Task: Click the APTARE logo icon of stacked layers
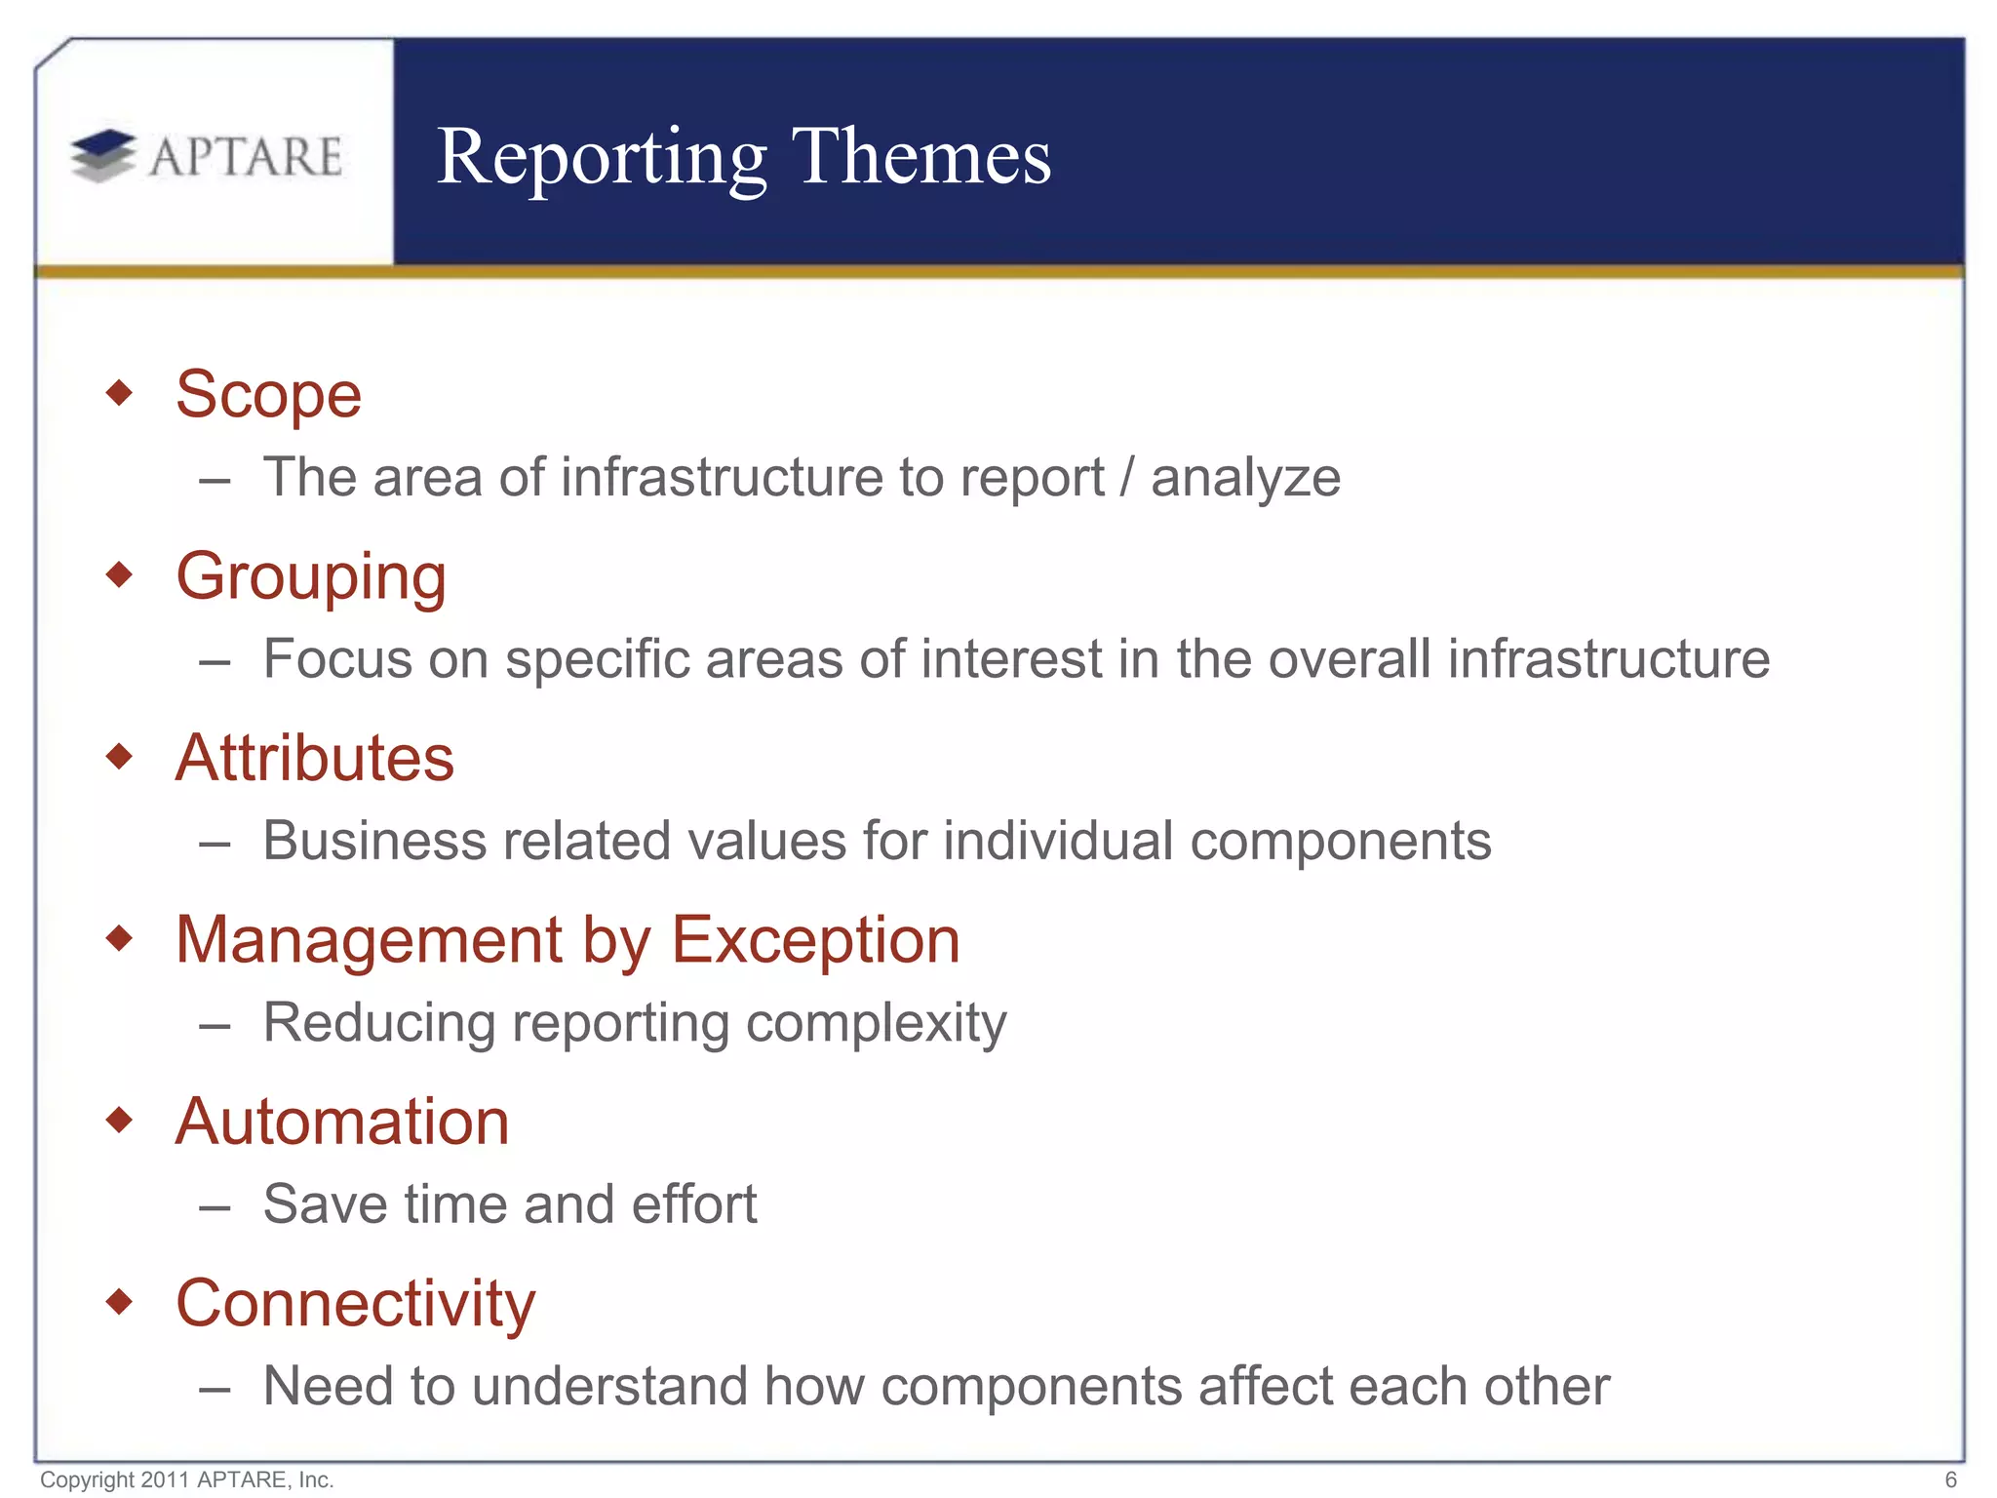103,155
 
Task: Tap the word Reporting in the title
602,158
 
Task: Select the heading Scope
268,395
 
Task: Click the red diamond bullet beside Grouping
119,574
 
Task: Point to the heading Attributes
314,758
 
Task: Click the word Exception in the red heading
815,940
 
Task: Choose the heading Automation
342,1122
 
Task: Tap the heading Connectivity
355,1304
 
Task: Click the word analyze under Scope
1245,479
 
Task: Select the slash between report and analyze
1127,478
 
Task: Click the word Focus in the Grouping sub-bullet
337,659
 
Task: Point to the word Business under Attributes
373,841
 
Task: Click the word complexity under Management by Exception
876,1024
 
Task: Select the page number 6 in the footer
1950,1479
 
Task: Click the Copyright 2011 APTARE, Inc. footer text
187,1479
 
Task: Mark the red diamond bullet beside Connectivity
119,1301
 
